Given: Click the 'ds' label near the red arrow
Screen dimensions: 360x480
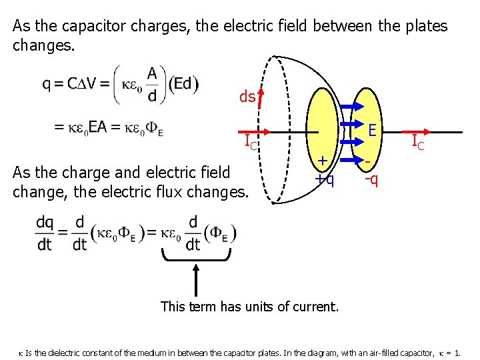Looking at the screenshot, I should (x=247, y=97).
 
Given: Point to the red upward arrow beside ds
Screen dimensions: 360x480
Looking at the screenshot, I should (x=261, y=98).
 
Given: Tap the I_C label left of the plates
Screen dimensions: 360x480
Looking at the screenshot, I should (x=251, y=141).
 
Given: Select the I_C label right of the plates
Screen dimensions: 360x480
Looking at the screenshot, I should (x=419, y=141).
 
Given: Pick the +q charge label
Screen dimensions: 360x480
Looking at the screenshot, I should (x=325, y=179).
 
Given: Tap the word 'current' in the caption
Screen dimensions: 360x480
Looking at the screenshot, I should (x=313, y=307).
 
